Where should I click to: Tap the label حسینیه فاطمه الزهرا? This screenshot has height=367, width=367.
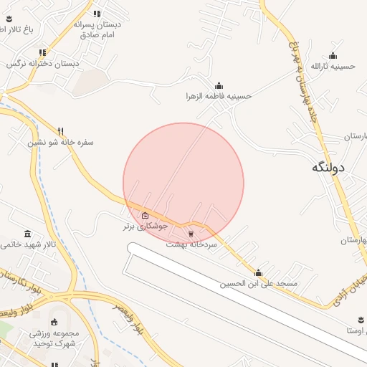tap(219, 96)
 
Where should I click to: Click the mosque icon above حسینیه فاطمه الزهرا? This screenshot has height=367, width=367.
tap(219, 85)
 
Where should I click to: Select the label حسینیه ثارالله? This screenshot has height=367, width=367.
tap(333, 66)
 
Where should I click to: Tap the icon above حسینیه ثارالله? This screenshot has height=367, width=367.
tap(333, 55)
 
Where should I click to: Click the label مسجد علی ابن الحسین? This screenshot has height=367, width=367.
tap(258, 284)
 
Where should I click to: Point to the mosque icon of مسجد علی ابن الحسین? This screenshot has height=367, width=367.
tap(258, 272)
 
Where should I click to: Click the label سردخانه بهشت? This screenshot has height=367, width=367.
tap(191, 244)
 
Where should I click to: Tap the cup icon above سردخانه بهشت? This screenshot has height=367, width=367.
tap(191, 233)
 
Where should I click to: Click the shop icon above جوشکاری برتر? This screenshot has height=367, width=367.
tap(146, 215)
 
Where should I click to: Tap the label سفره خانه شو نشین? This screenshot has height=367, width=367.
tap(62, 142)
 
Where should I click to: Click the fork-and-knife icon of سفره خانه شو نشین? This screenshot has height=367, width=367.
tap(61, 130)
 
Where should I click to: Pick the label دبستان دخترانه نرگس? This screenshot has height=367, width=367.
tap(43, 63)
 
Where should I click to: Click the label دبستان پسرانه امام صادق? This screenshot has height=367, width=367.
tap(97, 29)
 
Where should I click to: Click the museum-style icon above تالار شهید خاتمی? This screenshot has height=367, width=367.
tap(27, 234)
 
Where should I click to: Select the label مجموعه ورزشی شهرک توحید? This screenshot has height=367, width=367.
tap(53, 338)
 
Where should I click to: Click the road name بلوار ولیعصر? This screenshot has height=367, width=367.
tap(130, 318)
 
